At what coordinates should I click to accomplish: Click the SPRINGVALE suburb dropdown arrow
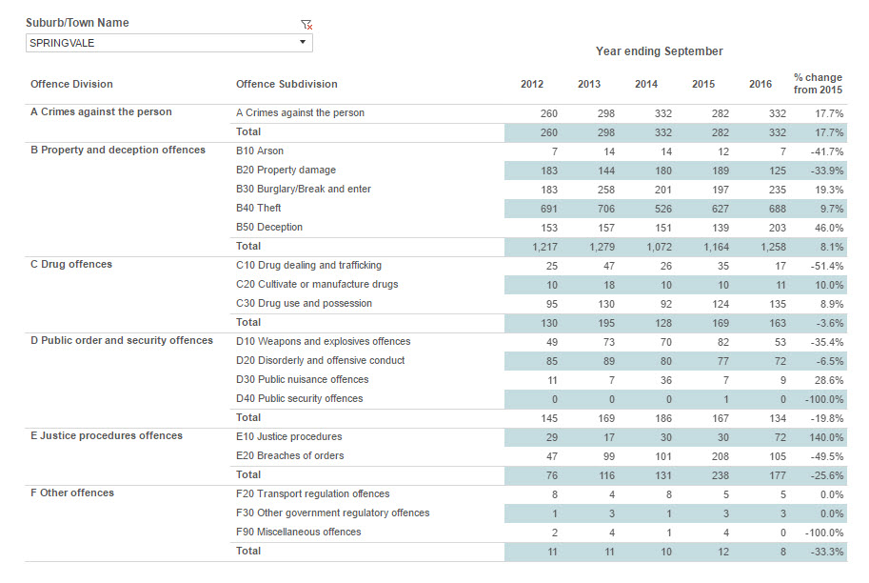[x=303, y=42]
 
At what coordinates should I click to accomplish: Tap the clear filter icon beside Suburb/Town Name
[x=306, y=25]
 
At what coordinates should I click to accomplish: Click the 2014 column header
[x=646, y=84]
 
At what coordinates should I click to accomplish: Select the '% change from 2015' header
[x=818, y=83]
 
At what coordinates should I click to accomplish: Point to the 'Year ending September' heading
[x=660, y=51]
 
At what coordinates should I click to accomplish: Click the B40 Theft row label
[x=258, y=208]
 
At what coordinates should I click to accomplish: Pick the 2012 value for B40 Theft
[x=548, y=209]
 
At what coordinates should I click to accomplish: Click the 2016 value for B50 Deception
[x=777, y=228]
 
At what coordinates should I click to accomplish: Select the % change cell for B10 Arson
[x=827, y=151]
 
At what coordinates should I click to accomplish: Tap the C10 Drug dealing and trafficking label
[x=308, y=265]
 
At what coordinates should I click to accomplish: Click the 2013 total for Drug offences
[x=605, y=323]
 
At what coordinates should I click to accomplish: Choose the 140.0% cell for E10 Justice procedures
[x=826, y=437]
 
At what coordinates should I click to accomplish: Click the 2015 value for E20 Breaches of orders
[x=720, y=456]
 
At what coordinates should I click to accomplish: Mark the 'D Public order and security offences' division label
[x=122, y=341]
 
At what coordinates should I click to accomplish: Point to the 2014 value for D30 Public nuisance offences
[x=665, y=380]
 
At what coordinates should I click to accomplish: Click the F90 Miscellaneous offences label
[x=298, y=532]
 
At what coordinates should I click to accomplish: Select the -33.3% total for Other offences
[x=827, y=552]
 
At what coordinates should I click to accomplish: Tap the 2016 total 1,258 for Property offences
[x=773, y=247]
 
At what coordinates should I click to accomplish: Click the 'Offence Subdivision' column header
[x=286, y=84]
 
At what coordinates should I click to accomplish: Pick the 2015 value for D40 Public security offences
[x=726, y=399]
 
